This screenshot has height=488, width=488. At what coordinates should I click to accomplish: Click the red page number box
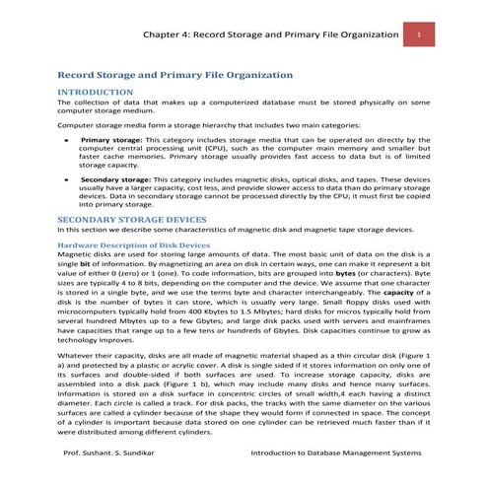point(419,35)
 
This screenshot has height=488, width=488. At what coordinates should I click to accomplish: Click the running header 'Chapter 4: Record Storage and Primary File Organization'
point(269,35)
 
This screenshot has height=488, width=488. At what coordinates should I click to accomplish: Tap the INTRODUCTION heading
point(96,92)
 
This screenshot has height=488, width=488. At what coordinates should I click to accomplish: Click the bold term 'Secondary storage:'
point(115,181)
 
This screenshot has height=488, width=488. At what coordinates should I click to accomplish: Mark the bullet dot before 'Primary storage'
point(65,141)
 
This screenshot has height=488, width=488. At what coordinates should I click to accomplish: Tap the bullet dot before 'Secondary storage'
point(65,181)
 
